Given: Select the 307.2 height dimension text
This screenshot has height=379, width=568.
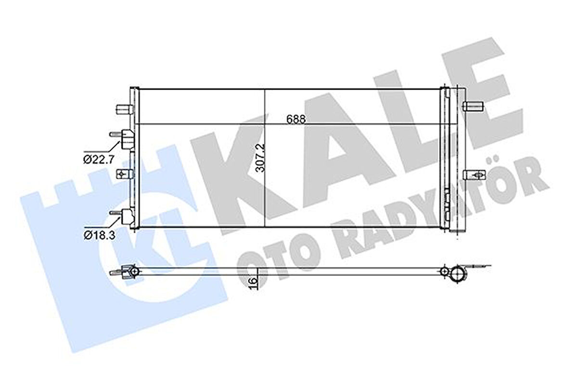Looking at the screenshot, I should [x=259, y=164].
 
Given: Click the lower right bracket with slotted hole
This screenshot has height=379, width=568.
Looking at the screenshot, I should [x=472, y=175].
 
